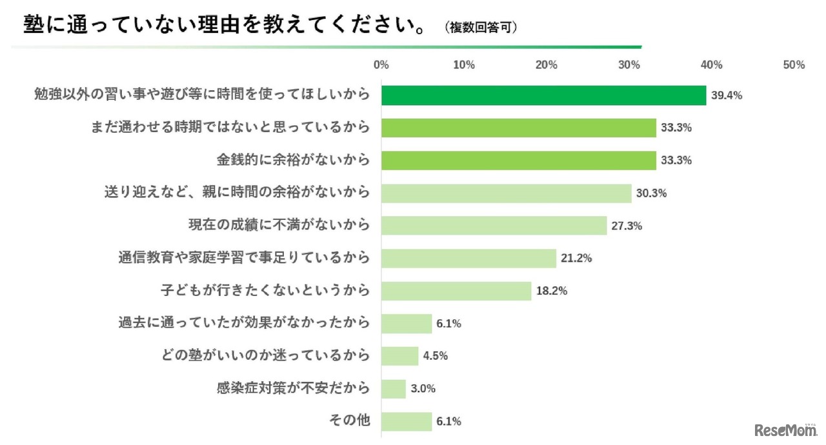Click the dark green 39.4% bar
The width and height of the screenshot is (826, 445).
pyautogui.click(x=543, y=95)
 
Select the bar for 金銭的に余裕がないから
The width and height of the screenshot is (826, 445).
pyautogui.click(x=518, y=160)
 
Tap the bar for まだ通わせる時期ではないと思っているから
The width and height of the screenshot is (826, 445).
pyautogui.click(x=518, y=128)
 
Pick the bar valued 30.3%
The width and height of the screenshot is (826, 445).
pyautogui.click(x=506, y=193)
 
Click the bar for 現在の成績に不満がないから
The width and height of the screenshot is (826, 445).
pyautogui.click(x=494, y=226)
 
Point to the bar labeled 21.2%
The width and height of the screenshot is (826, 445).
pyautogui.click(x=468, y=258)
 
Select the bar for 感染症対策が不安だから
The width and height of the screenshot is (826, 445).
pyautogui.click(x=394, y=388)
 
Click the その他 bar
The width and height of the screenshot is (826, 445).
pyautogui.click(x=407, y=421)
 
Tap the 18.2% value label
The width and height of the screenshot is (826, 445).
pyautogui.click(x=552, y=291)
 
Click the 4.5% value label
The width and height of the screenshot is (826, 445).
pyautogui.click(x=436, y=356)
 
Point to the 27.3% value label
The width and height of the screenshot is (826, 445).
pyautogui.click(x=627, y=226)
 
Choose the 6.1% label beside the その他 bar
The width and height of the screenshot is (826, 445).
pyautogui.click(x=448, y=421)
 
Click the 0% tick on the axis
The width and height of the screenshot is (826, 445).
pyautogui.click(x=381, y=65)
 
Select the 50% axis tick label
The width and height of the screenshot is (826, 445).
pyautogui.click(x=794, y=65)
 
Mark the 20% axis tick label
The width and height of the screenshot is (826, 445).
pyautogui.click(x=547, y=65)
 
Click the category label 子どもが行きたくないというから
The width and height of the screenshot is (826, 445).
pyautogui.click(x=265, y=291)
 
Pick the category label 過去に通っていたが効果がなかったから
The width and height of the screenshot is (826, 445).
pyautogui.click(x=245, y=323)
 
